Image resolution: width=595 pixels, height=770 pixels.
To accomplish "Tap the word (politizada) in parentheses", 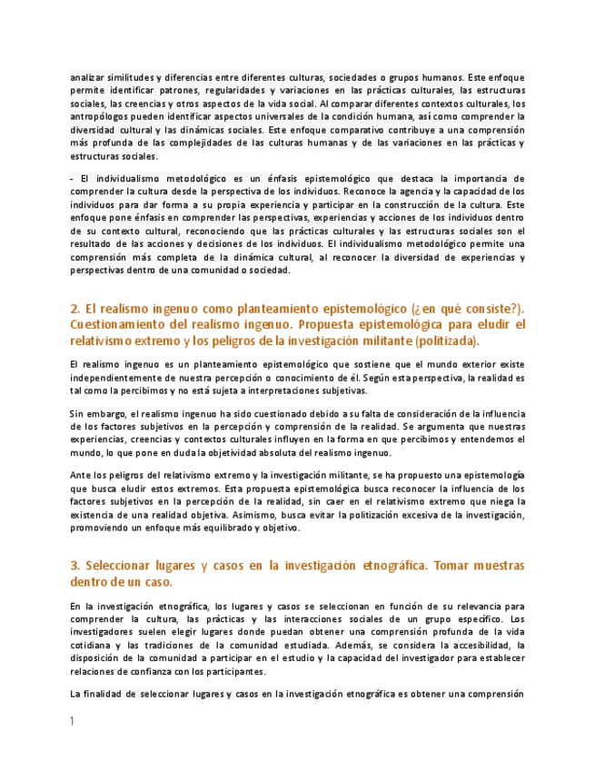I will (x=445, y=341).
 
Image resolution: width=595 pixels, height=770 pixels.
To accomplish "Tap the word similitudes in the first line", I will (x=127, y=78).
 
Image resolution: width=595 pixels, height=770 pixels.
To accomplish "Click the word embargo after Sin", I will (x=105, y=413).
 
